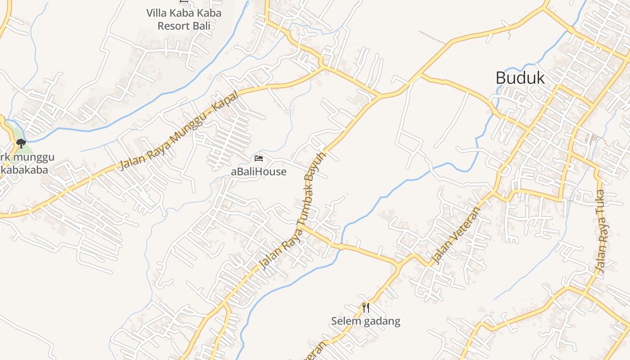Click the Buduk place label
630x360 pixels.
pos(520,78)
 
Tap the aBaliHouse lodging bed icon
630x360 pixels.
pos(258,158)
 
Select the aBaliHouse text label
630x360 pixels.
pos(258,171)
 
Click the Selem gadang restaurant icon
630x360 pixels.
pos(366,308)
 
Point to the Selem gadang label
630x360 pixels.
pos(365,321)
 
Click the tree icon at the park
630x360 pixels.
pos(21,144)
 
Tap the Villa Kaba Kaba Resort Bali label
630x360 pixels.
pos(184,19)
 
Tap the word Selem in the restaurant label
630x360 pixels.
pos(344,321)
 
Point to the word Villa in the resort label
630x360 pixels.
pos(157,13)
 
